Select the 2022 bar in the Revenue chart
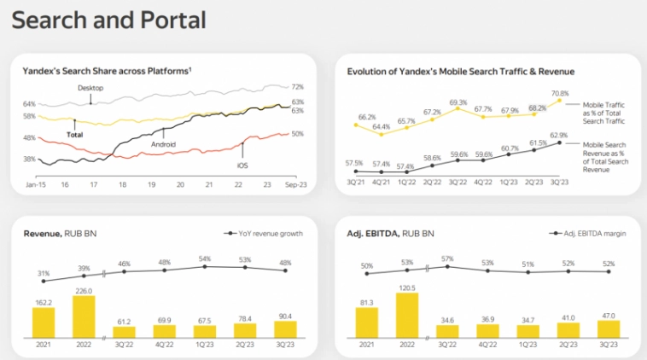(x=84, y=316)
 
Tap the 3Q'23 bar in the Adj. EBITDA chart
(x=609, y=328)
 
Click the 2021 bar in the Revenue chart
(x=44, y=322)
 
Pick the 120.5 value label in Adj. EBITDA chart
(x=407, y=288)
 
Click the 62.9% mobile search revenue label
(x=559, y=134)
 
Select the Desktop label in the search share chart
(x=90, y=87)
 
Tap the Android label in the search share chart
(x=163, y=144)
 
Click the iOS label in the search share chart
(x=243, y=165)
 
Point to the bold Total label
(x=75, y=135)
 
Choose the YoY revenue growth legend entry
(x=265, y=232)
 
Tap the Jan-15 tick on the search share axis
(x=35, y=184)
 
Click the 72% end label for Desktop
(x=297, y=87)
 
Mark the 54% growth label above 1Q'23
(x=205, y=258)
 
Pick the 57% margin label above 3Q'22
(x=448, y=258)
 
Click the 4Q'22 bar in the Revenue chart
(x=164, y=331)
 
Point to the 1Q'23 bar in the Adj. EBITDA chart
(x=528, y=331)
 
